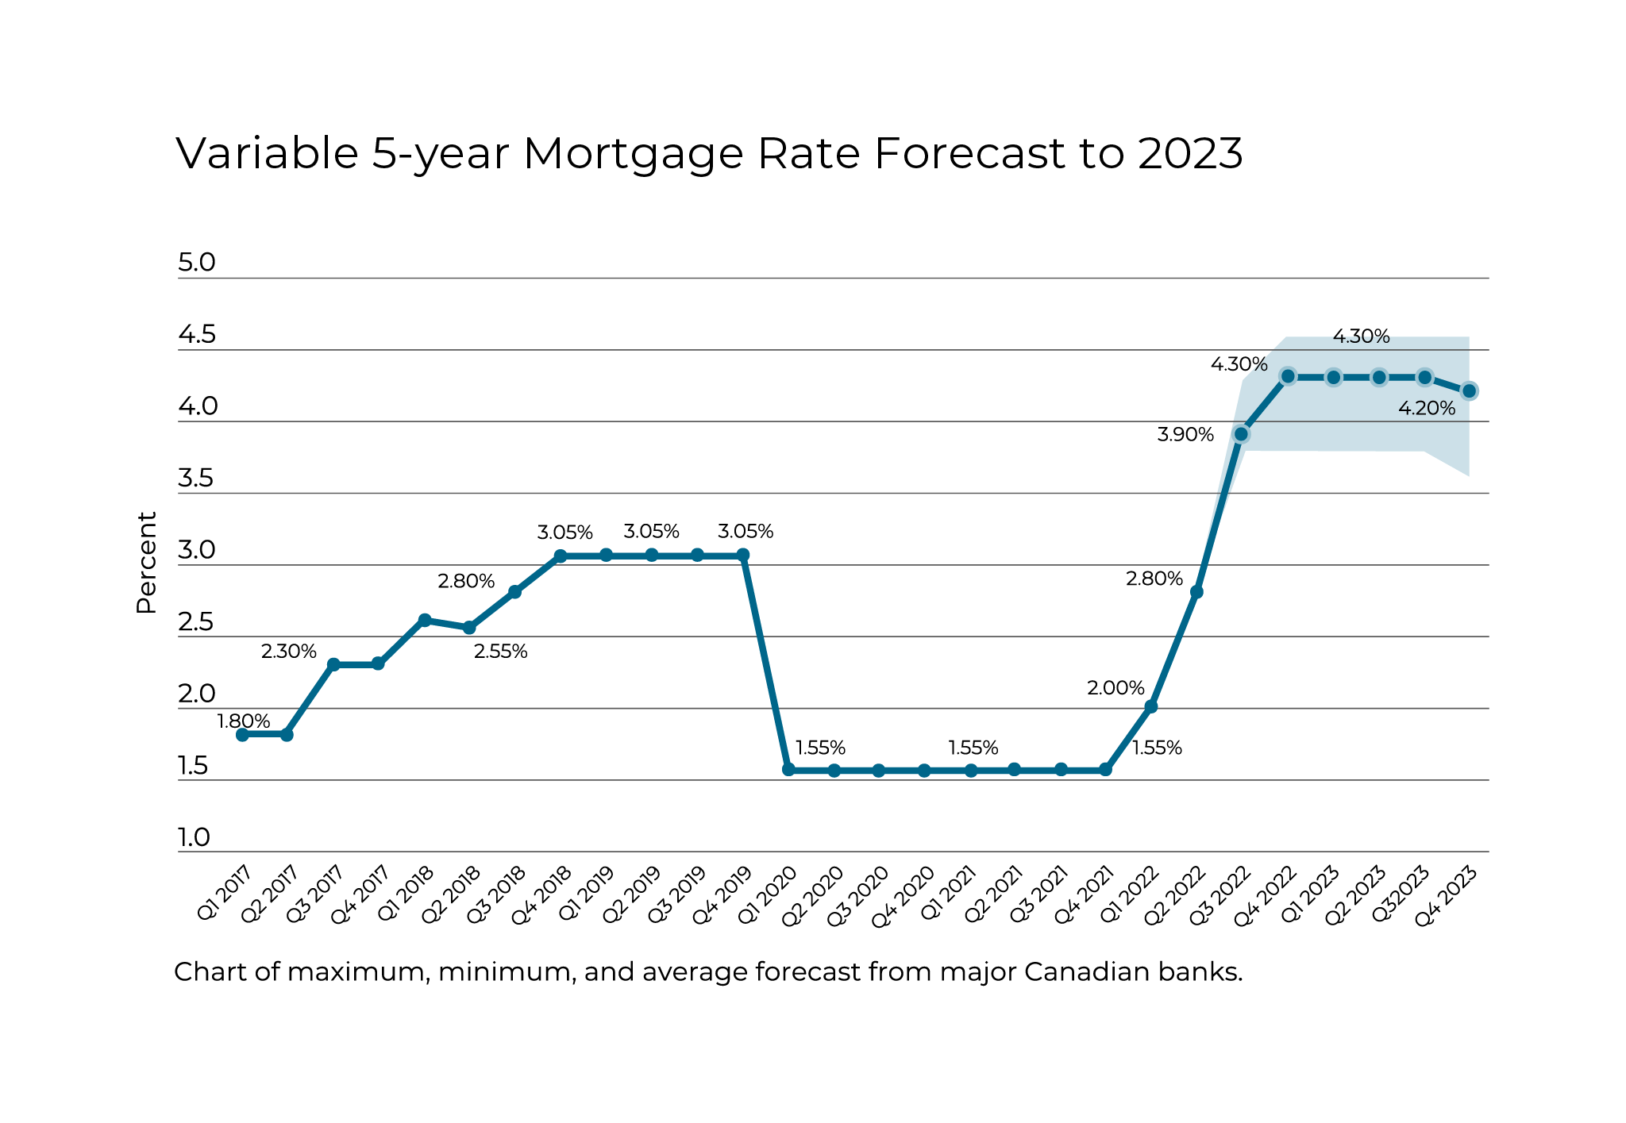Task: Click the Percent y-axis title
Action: (x=146, y=562)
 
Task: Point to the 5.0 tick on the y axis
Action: (x=196, y=263)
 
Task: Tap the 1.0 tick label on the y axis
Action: (x=193, y=837)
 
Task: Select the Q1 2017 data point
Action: (x=242, y=735)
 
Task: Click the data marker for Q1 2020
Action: (x=788, y=770)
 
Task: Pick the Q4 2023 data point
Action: (x=1469, y=390)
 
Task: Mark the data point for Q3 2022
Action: (x=1241, y=434)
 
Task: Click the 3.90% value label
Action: (x=1185, y=435)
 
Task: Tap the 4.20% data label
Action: (x=1427, y=409)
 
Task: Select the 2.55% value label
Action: (x=500, y=652)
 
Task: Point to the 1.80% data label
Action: (x=244, y=721)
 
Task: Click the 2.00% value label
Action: (x=1115, y=688)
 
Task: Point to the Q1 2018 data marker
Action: (x=425, y=620)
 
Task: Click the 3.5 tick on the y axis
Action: (x=195, y=479)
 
